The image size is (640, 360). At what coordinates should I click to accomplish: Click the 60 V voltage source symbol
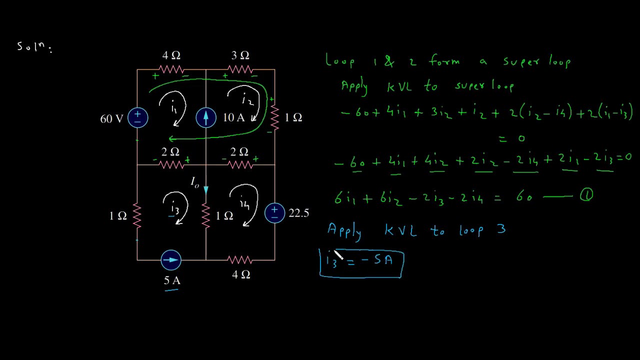pyautogui.click(x=137, y=117)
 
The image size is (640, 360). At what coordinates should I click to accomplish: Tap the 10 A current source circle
pyautogui.click(x=206, y=117)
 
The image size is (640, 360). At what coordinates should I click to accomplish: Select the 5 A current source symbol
pyautogui.click(x=171, y=260)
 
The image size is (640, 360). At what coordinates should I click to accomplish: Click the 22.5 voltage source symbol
pyautogui.click(x=274, y=213)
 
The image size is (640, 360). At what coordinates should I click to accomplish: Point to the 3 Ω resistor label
pyautogui.click(x=240, y=55)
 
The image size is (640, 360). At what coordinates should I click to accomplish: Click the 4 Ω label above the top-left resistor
pyautogui.click(x=171, y=55)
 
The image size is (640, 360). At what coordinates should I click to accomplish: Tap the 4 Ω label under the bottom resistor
pyautogui.click(x=241, y=274)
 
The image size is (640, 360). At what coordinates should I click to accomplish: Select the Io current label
pyautogui.click(x=195, y=182)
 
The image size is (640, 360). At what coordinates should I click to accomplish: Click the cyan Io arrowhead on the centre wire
pyautogui.click(x=206, y=190)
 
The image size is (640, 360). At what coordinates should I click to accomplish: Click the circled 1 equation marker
pyautogui.click(x=586, y=195)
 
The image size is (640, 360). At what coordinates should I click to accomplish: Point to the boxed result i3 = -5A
pyautogui.click(x=361, y=263)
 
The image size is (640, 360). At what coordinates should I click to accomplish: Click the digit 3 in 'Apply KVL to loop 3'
pyautogui.click(x=501, y=229)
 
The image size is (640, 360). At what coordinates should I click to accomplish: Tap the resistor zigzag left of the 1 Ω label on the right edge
pyautogui.click(x=274, y=117)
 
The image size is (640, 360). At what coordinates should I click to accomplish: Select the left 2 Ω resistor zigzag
pyautogui.click(x=171, y=165)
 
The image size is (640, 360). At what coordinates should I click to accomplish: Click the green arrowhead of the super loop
pyautogui.click(x=172, y=139)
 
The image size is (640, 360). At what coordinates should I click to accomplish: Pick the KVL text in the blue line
pyautogui.click(x=400, y=230)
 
